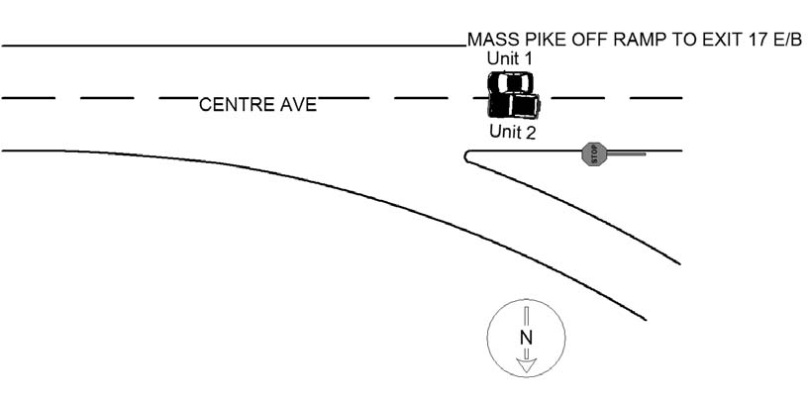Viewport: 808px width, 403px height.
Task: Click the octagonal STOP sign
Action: click(593, 153)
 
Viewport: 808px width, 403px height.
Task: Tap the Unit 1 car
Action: click(510, 82)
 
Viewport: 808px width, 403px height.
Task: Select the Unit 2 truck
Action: click(514, 105)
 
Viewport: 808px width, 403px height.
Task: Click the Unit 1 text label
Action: click(510, 58)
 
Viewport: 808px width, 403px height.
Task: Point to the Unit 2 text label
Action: click(512, 132)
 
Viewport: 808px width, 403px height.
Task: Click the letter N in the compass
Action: click(526, 338)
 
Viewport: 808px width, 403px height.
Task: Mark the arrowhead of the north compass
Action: click(526, 365)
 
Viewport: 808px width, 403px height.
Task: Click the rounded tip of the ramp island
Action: click(465, 156)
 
